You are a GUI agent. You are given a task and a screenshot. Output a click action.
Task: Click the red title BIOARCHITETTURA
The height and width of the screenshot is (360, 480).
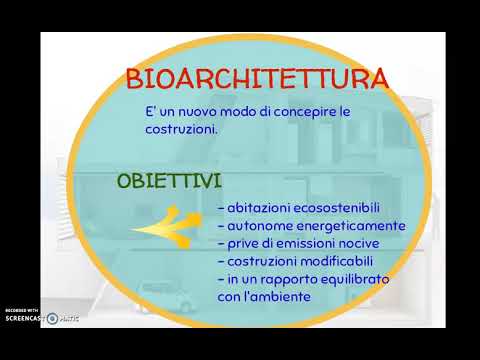tap(257, 79)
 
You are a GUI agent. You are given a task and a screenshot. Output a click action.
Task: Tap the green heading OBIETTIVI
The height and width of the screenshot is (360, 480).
tap(169, 181)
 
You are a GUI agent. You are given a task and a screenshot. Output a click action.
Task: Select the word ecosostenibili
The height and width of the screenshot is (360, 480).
tap(337, 208)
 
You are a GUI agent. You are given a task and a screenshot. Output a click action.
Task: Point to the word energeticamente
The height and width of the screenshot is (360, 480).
tap(351, 226)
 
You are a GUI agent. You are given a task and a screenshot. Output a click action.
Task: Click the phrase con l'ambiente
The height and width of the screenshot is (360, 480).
tap(264, 296)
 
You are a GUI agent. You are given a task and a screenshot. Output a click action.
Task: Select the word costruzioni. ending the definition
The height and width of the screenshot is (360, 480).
tap(181, 129)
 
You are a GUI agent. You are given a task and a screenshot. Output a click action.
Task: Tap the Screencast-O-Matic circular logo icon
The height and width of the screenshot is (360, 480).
tap(52, 319)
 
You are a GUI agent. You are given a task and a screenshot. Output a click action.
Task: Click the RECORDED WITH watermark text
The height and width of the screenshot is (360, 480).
tap(22, 310)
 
